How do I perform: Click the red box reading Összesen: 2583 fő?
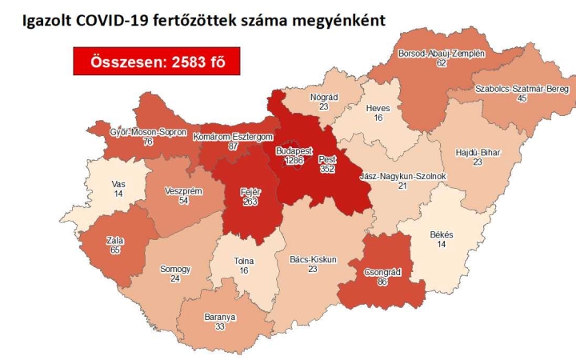coord(156,62)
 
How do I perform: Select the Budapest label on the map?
coord(298,150)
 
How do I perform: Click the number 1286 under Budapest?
coord(298,160)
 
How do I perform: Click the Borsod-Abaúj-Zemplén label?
coord(442,54)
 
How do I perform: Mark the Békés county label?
coord(442,234)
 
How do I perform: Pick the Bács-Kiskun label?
coord(311,259)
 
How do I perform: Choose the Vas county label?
coord(118,183)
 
